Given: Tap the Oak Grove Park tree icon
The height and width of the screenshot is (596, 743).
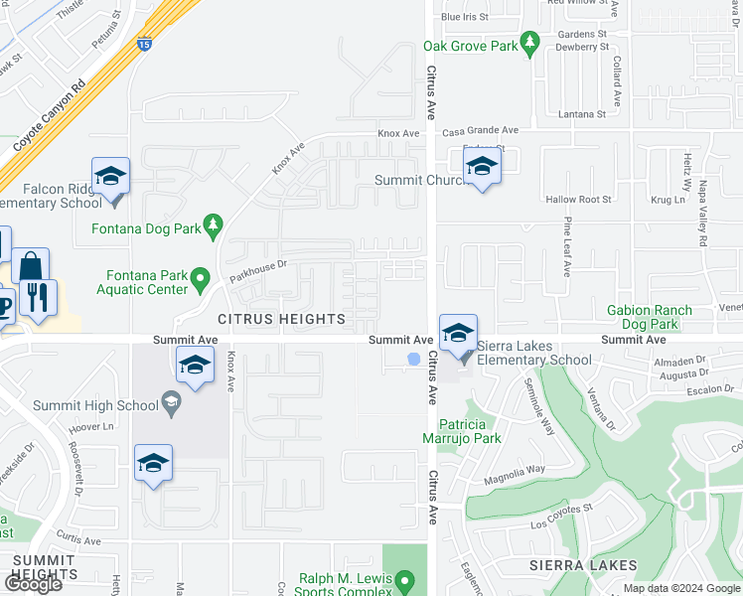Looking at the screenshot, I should click(530, 42).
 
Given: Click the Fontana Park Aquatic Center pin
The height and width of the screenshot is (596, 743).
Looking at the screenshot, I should click(201, 278).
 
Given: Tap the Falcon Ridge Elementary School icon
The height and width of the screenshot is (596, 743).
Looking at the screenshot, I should click(111, 178).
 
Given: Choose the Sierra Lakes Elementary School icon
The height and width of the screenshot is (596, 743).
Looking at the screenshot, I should click(458, 333).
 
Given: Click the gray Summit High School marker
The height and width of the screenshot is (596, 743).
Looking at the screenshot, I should click(172, 403).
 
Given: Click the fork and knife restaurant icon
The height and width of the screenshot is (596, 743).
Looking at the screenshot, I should click(38, 297).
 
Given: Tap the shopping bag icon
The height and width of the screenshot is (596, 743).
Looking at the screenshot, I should click(30, 266).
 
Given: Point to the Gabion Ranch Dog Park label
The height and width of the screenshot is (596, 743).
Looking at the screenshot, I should click(657, 317).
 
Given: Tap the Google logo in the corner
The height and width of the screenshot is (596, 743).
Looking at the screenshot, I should click(33, 583).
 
